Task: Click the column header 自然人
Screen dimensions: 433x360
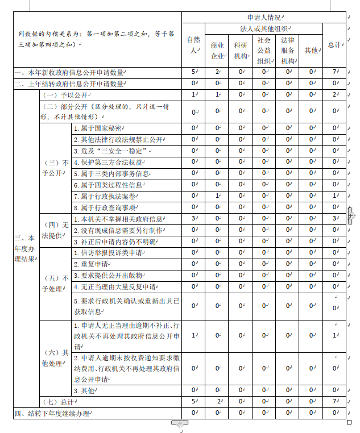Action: pyautogui.click(x=193, y=44)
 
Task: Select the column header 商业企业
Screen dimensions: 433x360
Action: pyautogui.click(x=217, y=50)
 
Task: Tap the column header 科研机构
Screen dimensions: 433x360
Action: pyautogui.click(x=241, y=50)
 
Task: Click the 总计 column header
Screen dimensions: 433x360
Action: pyautogui.click(x=334, y=45)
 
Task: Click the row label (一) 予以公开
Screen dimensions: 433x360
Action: pyautogui.click(x=63, y=95)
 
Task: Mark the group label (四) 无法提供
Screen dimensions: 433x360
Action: pyautogui.click(x=55, y=230)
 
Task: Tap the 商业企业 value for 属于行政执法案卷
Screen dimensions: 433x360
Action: pyautogui.click(x=217, y=196)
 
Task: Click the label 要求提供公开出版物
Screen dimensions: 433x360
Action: pyautogui.click(x=106, y=275)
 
